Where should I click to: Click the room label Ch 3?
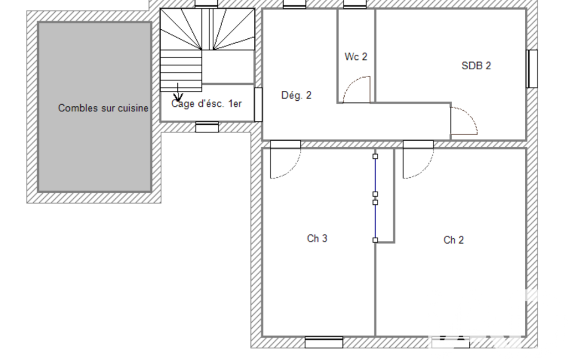click(317, 239)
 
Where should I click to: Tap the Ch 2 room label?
click(453, 240)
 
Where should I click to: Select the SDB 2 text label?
click(477, 65)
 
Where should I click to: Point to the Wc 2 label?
click(356, 57)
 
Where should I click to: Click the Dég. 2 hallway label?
click(296, 95)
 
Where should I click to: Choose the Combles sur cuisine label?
click(103, 108)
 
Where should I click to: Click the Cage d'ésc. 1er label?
click(207, 104)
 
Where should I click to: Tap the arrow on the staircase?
click(178, 92)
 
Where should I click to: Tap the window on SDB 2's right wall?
click(532, 69)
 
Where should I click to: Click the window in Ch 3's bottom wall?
click(324, 342)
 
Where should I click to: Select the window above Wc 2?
click(355, 4)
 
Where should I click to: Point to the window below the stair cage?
click(207, 127)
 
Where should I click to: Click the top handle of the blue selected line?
click(375, 156)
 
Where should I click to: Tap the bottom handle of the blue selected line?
click(375, 240)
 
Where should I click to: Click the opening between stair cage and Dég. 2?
click(258, 104)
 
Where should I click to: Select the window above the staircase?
click(207, 4)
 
